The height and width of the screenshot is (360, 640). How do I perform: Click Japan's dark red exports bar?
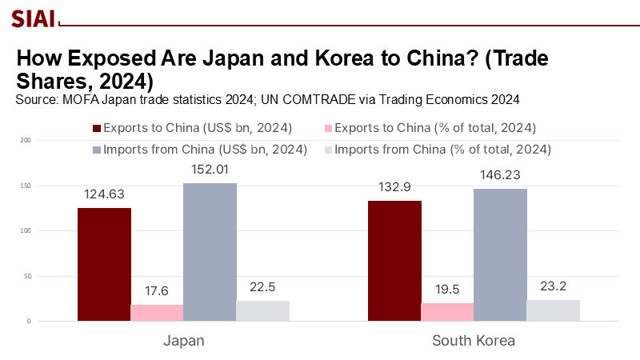coord(104,264)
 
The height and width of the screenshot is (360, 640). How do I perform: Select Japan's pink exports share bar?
coord(157,313)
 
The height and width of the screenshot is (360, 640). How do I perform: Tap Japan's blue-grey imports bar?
coord(210,252)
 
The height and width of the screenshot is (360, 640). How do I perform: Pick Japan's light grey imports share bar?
coord(262,311)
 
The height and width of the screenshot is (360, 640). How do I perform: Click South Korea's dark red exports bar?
coord(394,261)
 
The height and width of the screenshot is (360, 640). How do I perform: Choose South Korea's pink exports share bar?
coord(447,312)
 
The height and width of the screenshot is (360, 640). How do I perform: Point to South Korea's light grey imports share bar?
coord(553,310)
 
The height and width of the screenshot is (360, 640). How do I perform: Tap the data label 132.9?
coord(394,186)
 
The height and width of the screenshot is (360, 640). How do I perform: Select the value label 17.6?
coord(157,290)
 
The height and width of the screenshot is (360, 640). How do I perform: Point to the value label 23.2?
coord(553,286)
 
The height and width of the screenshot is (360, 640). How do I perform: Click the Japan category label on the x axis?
coord(184,340)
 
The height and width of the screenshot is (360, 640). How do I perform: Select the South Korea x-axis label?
coord(474,340)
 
